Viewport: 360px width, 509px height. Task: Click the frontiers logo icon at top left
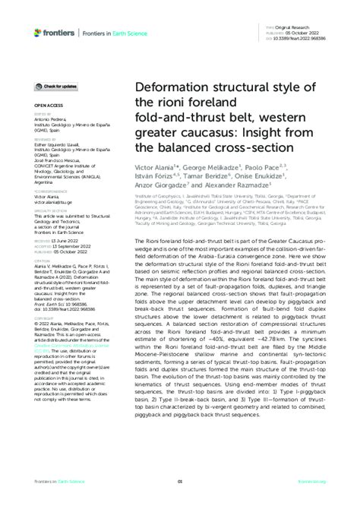coord(38,32)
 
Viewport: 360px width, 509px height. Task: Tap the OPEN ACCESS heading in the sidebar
coord(47,108)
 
